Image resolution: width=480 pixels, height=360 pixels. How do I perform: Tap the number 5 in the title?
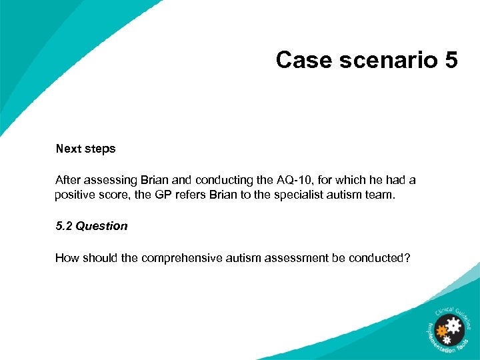pyautogui.click(x=450, y=60)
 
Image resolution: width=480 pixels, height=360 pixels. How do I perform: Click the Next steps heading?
pyautogui.click(x=85, y=149)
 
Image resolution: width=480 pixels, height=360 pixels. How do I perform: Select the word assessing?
pyautogui.click(x=110, y=180)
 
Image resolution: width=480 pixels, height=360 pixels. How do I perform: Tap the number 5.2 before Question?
pyautogui.click(x=64, y=226)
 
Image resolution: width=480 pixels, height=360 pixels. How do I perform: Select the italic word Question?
pyautogui.click(x=101, y=226)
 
